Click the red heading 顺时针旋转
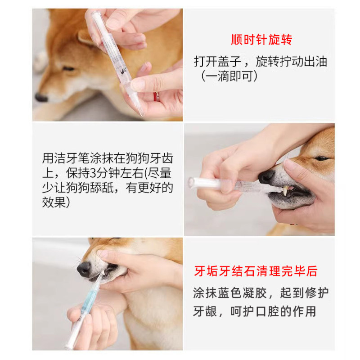tap(261, 40)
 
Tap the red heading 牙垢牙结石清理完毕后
tap(256, 271)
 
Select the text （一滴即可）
tap(229, 76)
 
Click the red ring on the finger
tap(157, 97)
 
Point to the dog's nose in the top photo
tap(41, 98)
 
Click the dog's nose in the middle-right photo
tap(266, 176)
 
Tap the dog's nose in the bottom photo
tap(84, 269)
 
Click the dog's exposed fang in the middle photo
tap(285, 190)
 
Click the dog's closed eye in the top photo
tap(68, 69)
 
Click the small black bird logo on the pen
tap(123, 71)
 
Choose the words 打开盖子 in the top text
tap(218, 62)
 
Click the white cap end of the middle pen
tap(192, 182)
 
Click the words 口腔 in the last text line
tap(267, 311)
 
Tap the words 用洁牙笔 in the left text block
tap(66, 158)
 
